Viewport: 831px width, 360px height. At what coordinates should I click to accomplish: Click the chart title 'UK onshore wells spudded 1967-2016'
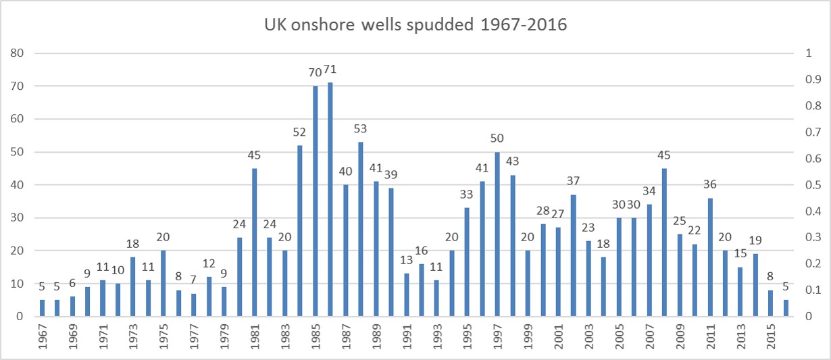pos(415,26)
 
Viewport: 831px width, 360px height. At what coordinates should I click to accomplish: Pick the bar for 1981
pos(255,242)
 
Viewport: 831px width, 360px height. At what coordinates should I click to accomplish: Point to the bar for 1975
pos(163,284)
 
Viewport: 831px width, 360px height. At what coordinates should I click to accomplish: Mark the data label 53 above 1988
pos(361,128)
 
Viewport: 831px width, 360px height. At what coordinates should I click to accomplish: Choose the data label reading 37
pos(574,181)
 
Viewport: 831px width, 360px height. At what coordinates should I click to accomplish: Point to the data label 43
pos(513,161)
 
